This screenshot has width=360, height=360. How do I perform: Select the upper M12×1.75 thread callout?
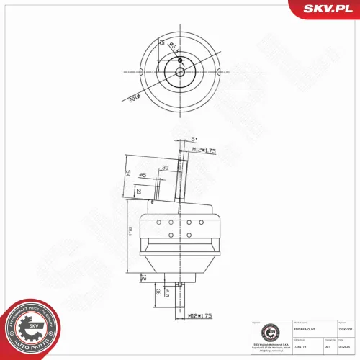205,150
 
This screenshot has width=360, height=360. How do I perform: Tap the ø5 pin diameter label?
143,175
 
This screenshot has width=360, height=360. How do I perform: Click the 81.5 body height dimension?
130,232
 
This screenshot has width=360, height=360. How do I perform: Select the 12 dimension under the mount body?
144,276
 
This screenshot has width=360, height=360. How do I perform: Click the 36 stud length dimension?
158,292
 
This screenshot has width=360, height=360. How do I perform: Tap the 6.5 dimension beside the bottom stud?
167,291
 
